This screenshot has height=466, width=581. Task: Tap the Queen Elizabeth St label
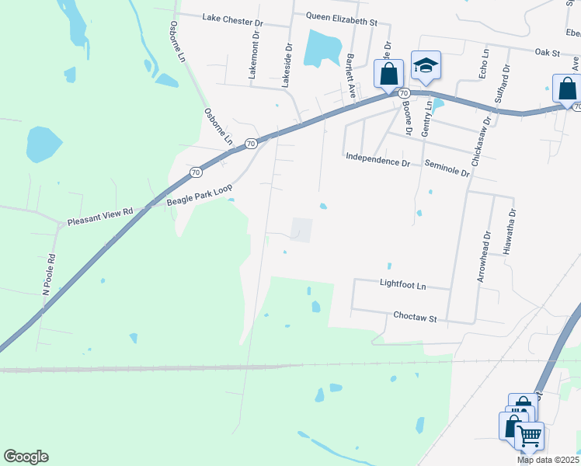(341, 16)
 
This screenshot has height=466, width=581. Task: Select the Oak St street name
(548, 52)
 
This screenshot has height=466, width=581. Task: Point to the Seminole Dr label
(447, 167)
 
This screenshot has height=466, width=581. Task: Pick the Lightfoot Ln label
(403, 286)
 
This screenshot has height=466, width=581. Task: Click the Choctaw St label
(416, 318)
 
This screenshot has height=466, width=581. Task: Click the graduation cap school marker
(425, 68)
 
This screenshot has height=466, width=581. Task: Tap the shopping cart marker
(530, 436)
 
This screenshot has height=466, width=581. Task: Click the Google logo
(26, 457)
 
